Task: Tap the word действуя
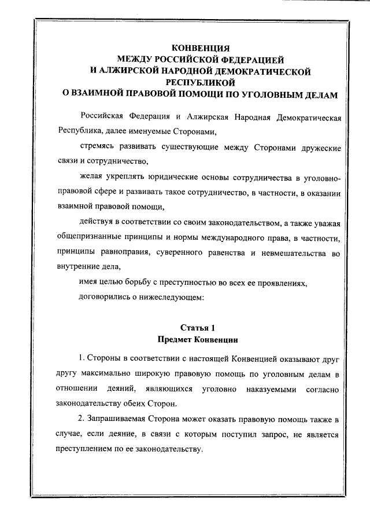(97, 222)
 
